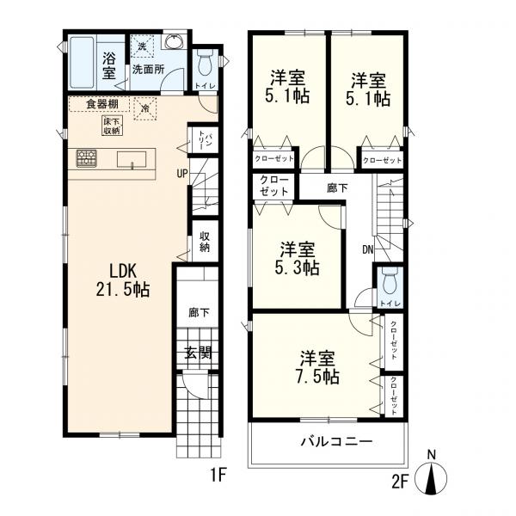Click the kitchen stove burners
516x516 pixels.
point(87,158)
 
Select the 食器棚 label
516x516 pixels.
point(102,106)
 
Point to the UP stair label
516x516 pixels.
point(182,173)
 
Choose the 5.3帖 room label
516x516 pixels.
point(299,259)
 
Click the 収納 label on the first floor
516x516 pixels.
point(206,242)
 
